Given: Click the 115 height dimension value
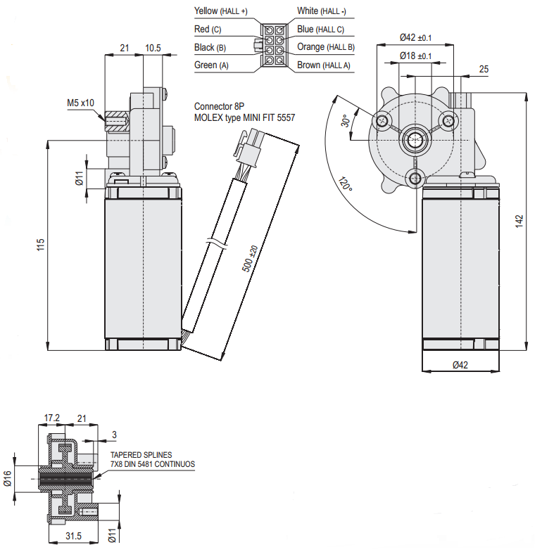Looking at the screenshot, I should pyautogui.click(x=41, y=244).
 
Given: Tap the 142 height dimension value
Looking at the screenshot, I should pyautogui.click(x=519, y=220).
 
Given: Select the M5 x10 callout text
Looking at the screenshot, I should pyautogui.click(x=80, y=103).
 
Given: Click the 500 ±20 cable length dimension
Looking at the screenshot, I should pyautogui.click(x=254, y=261).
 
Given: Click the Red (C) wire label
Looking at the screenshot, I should pyautogui.click(x=207, y=30).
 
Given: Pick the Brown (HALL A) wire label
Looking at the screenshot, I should pyautogui.click(x=323, y=65).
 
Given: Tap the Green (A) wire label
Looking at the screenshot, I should pyautogui.click(x=212, y=65).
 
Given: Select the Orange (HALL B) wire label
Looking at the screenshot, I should pyautogui.click(x=325, y=47).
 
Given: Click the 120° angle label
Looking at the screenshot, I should pyautogui.click(x=345, y=186).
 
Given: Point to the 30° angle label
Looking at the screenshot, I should pyautogui.click(x=345, y=121).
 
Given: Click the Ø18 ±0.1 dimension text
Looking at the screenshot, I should pyautogui.click(x=415, y=56).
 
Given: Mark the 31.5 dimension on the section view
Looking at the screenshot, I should pyautogui.click(x=74, y=537).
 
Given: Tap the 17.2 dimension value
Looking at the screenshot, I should pyautogui.click(x=52, y=418).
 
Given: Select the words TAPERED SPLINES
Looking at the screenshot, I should pyautogui.click(x=141, y=455).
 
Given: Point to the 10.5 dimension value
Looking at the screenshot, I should pyautogui.click(x=153, y=48).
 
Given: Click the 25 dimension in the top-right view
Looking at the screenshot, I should pyautogui.click(x=484, y=69).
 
